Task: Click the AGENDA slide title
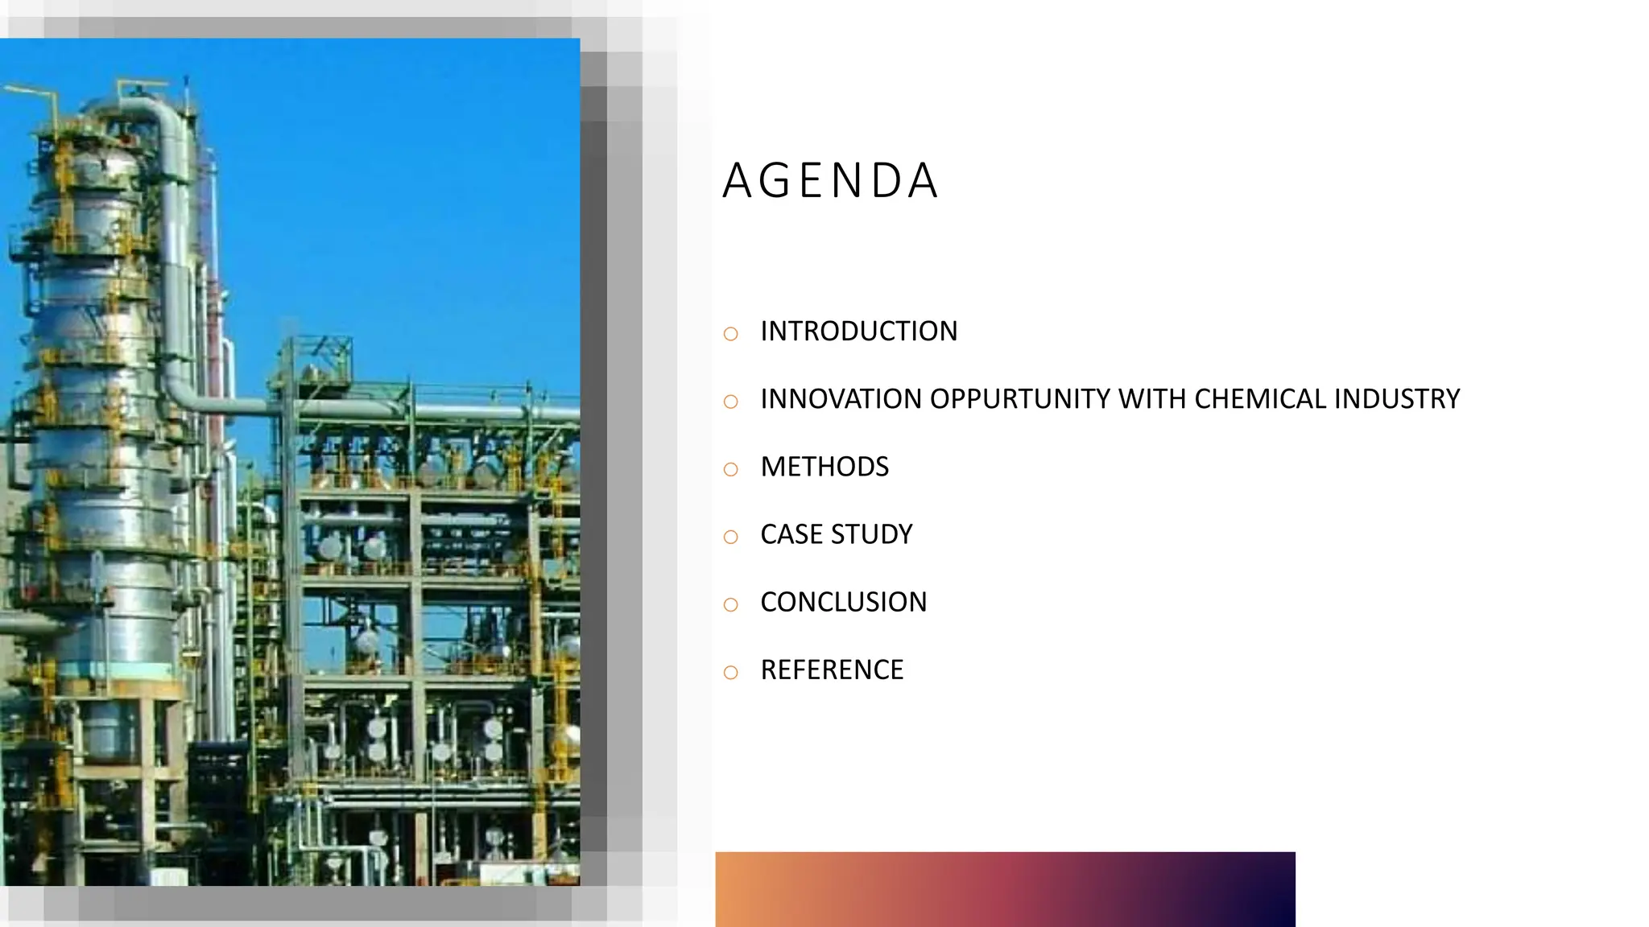[830, 180]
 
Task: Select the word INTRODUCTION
[858, 332]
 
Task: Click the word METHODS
[824, 467]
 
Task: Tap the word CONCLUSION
[843, 602]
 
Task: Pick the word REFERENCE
[832, 669]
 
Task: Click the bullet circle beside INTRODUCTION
[730, 334]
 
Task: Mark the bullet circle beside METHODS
[730, 469]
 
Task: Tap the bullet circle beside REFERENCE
[730, 672]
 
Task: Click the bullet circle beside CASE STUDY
[730, 537]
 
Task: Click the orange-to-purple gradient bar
[1005, 888]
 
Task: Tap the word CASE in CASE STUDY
[791, 534]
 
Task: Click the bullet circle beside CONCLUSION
[730, 604]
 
